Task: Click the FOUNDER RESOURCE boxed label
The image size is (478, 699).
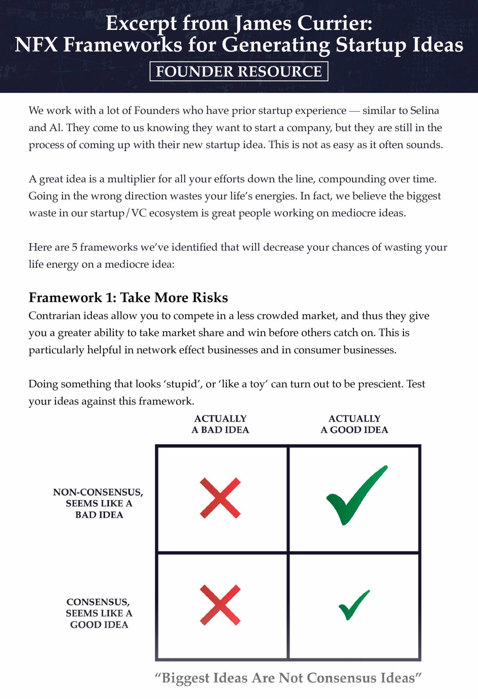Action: pyautogui.click(x=239, y=71)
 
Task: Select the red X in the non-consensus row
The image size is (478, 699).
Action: pyautogui.click(x=220, y=498)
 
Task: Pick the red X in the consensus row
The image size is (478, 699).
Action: pyautogui.click(x=220, y=605)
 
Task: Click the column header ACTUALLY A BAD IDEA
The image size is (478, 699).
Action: pyautogui.click(x=220, y=424)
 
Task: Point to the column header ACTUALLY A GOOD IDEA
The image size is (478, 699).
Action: pyautogui.click(x=354, y=424)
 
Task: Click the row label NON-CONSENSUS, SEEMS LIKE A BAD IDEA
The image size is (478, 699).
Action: pyautogui.click(x=98, y=503)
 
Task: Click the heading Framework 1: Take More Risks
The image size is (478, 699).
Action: pyautogui.click(x=128, y=297)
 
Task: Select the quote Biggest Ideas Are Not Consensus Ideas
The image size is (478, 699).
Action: pyautogui.click(x=288, y=678)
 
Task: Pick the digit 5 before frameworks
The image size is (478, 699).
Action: pyautogui.click(x=75, y=247)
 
